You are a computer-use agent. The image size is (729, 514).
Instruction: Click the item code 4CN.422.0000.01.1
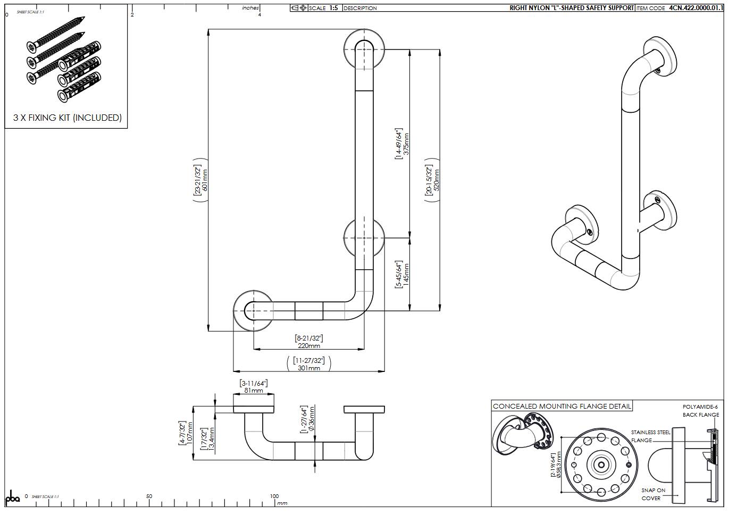click(x=696, y=8)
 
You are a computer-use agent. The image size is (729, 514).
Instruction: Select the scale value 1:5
click(x=333, y=8)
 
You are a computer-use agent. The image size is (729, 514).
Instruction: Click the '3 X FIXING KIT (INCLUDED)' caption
click(x=67, y=118)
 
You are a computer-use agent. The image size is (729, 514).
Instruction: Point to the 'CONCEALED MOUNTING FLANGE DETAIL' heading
click(x=562, y=406)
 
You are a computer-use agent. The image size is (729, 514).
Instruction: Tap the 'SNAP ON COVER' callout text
click(x=652, y=494)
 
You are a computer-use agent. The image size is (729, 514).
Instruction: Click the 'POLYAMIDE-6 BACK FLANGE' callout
click(x=700, y=411)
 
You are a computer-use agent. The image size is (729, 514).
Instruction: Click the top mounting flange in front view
click(x=364, y=49)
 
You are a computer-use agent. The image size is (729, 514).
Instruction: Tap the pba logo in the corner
click(x=12, y=498)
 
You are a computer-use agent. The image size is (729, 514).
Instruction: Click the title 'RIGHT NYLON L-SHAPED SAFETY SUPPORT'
click(x=572, y=8)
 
